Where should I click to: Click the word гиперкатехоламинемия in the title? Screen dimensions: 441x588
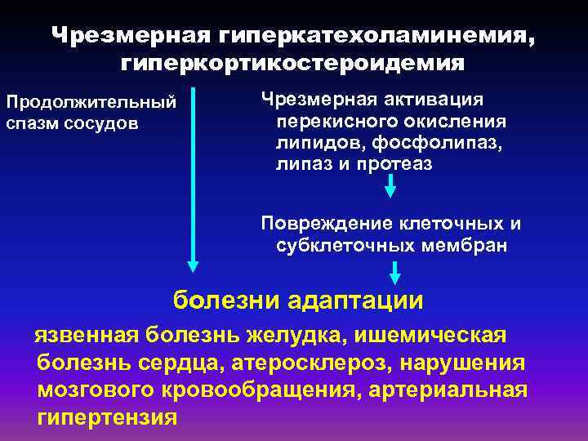click(372, 36)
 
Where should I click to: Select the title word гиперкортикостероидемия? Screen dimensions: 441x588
click(293, 62)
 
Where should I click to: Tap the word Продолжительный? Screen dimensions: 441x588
click(91, 103)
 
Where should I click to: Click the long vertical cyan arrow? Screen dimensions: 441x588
click(193, 176)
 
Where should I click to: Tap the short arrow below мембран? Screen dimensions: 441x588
click(395, 273)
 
